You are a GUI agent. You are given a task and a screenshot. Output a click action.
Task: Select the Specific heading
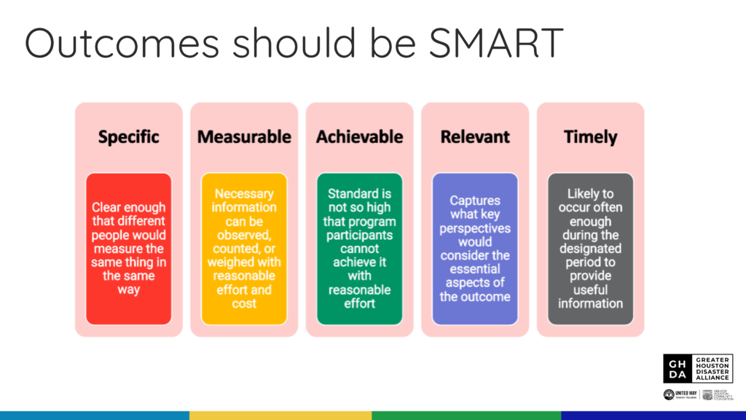pyautogui.click(x=129, y=136)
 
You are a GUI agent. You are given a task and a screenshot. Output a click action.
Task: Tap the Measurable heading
pyautogui.click(x=244, y=136)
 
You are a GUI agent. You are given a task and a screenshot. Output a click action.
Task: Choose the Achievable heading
pyautogui.click(x=359, y=136)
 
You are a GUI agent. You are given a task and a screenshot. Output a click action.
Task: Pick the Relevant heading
pyautogui.click(x=475, y=136)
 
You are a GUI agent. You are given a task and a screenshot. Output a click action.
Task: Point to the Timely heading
pyautogui.click(x=590, y=136)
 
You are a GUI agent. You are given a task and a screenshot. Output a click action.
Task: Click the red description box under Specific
pyautogui.click(x=129, y=249)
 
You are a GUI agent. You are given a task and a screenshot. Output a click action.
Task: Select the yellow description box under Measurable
pyautogui.click(x=244, y=249)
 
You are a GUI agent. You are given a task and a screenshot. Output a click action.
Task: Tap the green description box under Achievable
pyautogui.click(x=359, y=249)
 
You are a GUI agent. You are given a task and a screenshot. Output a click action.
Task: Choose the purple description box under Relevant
pyautogui.click(x=475, y=249)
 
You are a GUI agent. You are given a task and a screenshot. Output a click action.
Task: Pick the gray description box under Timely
pyautogui.click(x=590, y=249)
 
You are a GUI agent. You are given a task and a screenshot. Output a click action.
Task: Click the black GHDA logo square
pyautogui.click(x=678, y=368)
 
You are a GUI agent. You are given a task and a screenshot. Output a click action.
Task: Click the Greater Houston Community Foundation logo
pyautogui.click(x=717, y=394)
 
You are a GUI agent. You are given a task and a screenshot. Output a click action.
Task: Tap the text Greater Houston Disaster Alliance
pyautogui.click(x=713, y=368)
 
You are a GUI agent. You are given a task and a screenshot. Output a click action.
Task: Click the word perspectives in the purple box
pyautogui.click(x=475, y=227)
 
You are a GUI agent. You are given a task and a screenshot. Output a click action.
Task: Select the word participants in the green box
pyautogui.click(x=359, y=235)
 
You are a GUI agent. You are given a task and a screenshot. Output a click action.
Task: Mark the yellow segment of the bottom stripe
pyautogui.click(x=280, y=416)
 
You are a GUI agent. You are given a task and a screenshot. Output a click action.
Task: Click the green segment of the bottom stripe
pyautogui.click(x=466, y=416)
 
